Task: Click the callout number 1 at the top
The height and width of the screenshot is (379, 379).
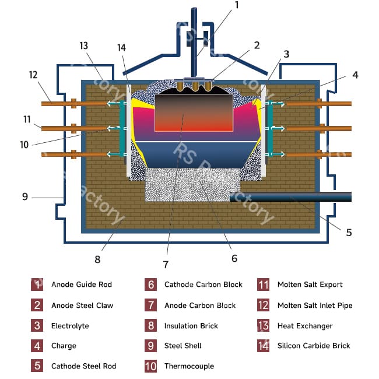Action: tap(237, 5)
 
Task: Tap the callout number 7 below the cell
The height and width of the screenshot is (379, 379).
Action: tap(166, 264)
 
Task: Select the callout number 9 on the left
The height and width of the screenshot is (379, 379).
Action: tap(25, 197)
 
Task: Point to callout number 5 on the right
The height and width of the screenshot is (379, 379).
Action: tap(349, 232)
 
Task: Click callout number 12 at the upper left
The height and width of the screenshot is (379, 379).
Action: tap(32, 74)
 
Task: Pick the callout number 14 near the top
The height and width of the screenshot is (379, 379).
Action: tap(121, 48)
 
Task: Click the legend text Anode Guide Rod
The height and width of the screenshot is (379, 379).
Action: tap(81, 285)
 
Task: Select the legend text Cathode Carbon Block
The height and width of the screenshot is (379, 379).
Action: tap(203, 285)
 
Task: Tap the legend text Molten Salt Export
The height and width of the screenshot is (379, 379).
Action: tap(310, 285)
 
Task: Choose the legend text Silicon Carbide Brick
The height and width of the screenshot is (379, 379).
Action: tap(314, 346)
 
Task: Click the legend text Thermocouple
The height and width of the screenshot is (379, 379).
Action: tap(189, 366)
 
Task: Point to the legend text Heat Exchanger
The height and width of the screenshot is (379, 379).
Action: tap(304, 325)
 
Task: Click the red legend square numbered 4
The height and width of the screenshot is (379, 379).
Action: tap(37, 346)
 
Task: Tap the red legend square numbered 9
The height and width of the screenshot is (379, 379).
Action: tap(150, 346)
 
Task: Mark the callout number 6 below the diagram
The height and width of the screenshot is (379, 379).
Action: tap(234, 258)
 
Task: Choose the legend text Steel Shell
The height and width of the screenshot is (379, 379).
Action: tap(183, 346)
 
